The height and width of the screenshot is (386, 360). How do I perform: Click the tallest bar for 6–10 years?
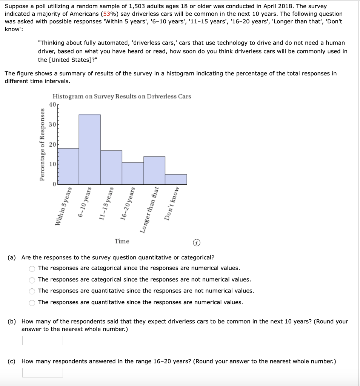point(90,150)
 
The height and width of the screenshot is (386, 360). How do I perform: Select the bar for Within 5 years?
point(68,166)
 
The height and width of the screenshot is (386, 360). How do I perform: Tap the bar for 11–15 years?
point(111,167)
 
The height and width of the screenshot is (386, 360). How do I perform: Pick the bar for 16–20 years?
point(133,173)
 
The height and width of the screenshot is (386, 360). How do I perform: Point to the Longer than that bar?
point(154,170)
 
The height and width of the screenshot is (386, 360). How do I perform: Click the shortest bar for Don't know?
point(176,179)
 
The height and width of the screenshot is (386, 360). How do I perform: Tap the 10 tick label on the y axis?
point(52,164)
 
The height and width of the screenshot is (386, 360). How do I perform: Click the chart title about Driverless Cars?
point(122,96)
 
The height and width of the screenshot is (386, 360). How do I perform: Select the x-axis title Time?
point(122,241)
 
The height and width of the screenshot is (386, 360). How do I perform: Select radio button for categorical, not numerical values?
point(32,280)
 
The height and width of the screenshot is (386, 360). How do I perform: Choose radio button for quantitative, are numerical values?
point(32,303)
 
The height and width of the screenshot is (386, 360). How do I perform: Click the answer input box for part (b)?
point(43,340)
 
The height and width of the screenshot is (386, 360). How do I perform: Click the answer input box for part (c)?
point(43,373)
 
